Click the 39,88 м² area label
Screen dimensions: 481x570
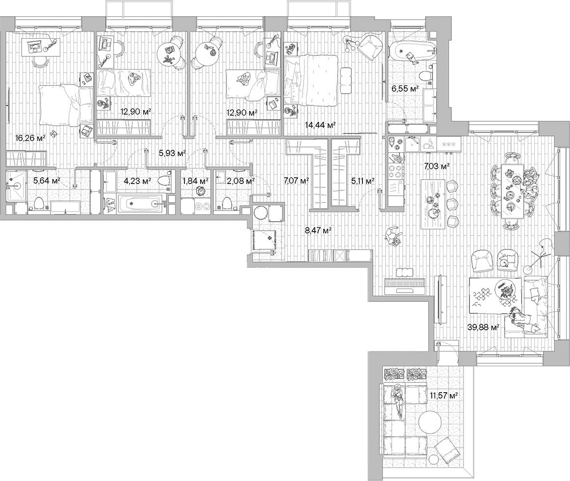tap(483, 327)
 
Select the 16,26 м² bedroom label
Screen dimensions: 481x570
tap(30, 138)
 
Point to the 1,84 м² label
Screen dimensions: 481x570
tap(195, 181)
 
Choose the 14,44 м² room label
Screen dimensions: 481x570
tap(320, 125)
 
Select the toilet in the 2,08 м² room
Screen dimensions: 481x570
tap(227, 203)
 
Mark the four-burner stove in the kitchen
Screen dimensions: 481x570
tap(395, 173)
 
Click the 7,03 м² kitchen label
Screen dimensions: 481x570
tap(436, 167)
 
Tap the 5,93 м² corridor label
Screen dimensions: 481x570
tap(172, 153)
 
